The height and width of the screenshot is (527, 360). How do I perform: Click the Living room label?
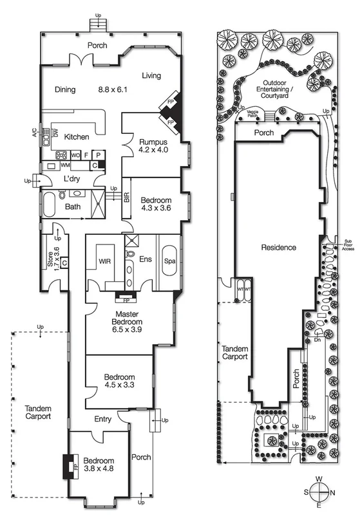click(151, 76)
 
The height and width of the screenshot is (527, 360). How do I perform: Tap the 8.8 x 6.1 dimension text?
click(114, 89)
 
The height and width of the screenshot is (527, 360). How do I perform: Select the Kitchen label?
click(76, 137)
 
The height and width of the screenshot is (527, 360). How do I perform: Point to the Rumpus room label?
click(153, 142)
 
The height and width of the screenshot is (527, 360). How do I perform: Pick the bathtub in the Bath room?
click(52, 207)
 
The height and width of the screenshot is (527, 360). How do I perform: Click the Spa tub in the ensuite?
click(170, 261)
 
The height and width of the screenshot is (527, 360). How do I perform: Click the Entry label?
click(102, 419)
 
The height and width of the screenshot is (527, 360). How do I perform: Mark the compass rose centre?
click(319, 493)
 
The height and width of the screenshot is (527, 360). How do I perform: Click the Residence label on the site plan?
click(278, 247)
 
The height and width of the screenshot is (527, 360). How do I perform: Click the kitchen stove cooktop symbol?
click(62, 155)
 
